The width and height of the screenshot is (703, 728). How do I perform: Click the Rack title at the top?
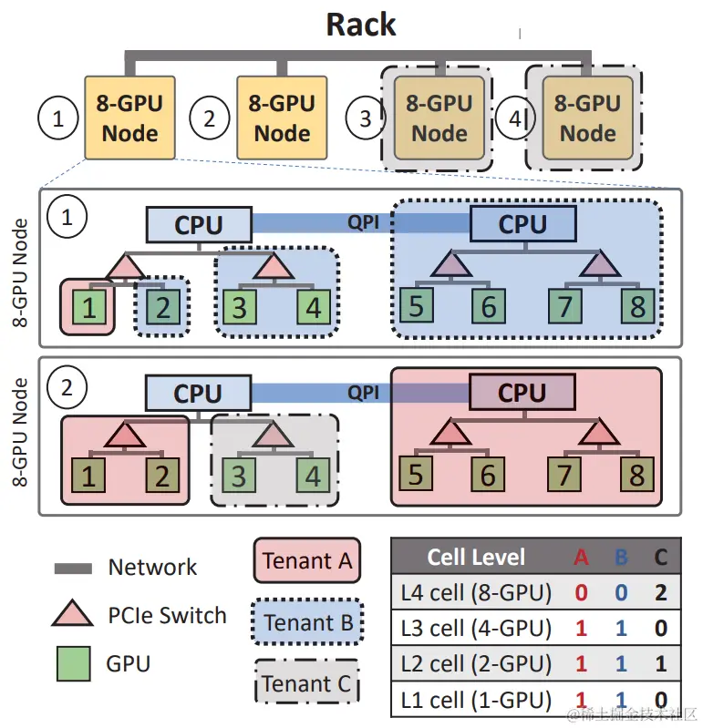pyautogui.click(x=361, y=25)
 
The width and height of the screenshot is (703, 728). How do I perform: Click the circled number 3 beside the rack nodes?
pyautogui.click(x=366, y=118)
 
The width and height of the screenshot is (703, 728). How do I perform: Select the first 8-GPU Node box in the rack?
pyautogui.click(x=129, y=118)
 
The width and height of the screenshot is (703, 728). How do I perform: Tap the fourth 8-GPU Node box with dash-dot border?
pyautogui.click(x=587, y=118)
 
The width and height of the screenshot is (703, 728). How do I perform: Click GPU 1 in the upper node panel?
pyautogui.click(x=89, y=307)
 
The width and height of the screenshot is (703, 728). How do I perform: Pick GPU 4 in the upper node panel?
pyautogui.click(x=313, y=307)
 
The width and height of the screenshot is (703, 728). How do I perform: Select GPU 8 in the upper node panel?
pyautogui.click(x=637, y=306)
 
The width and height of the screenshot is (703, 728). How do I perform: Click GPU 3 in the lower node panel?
pyautogui.click(x=238, y=475)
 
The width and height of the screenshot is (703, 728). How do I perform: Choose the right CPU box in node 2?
pyautogui.click(x=522, y=394)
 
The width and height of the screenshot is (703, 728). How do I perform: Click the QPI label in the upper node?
pyautogui.click(x=363, y=222)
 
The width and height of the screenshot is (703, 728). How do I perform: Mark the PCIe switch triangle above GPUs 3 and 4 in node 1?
pyautogui.click(x=271, y=266)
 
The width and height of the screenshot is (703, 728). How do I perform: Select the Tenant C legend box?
pyautogui.click(x=306, y=683)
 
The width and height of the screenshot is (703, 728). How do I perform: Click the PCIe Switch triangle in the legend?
pyautogui.click(x=74, y=615)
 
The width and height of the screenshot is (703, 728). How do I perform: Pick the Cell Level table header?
pyautogui.click(x=476, y=557)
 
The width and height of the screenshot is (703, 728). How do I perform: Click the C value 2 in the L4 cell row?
pyautogui.click(x=660, y=593)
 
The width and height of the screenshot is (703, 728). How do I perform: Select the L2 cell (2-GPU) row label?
pyautogui.click(x=476, y=664)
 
